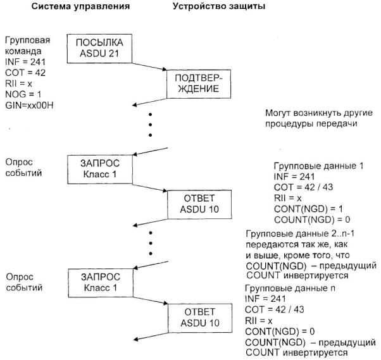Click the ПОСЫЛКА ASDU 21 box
97,48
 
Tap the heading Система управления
83,8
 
